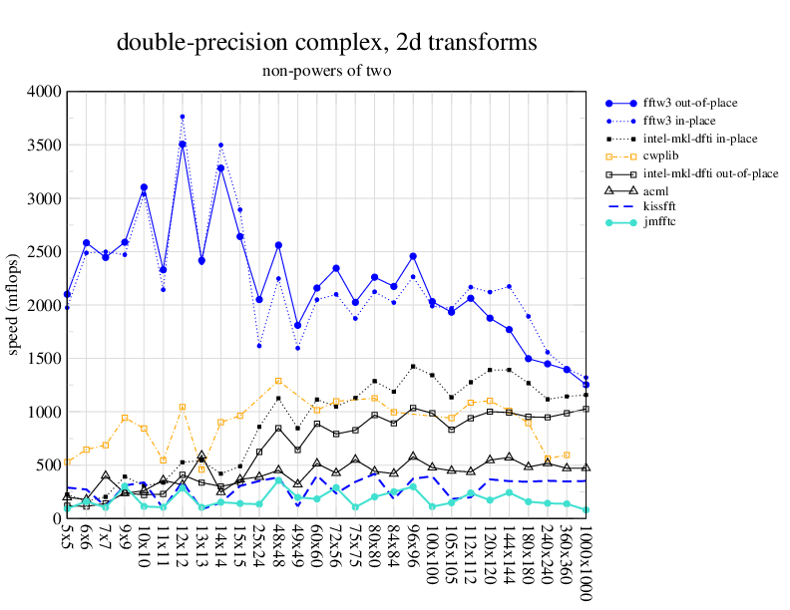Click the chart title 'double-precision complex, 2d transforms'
click(326, 43)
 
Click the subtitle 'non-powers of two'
click(326, 71)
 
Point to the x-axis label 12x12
click(183, 549)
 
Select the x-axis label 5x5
click(67, 543)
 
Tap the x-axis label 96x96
click(413, 549)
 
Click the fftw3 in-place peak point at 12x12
click(183, 117)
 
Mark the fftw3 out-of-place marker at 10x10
click(144, 187)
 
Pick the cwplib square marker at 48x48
click(278, 381)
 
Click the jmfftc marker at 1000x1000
click(586, 510)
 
